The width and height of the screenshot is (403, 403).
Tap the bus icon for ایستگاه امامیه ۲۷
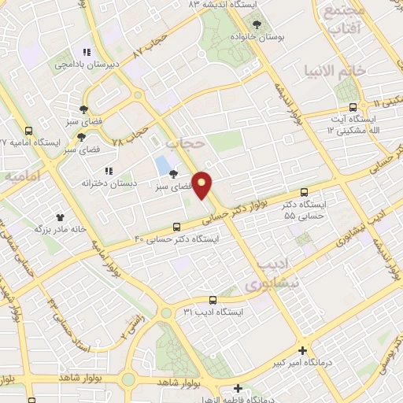coord(29,131)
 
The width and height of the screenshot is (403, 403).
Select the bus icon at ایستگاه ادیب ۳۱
coord(213,300)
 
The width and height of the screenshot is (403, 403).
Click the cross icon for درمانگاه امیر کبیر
coord(302,349)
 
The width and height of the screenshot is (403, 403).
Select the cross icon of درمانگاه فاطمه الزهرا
coord(238,388)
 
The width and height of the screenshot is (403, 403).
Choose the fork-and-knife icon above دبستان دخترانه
coord(109,171)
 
